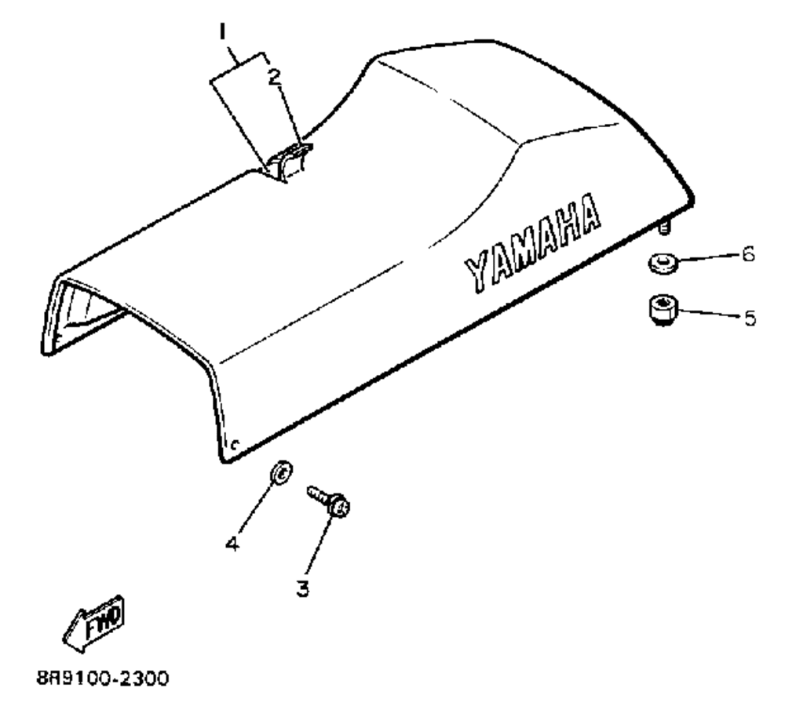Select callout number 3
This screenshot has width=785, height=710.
[303, 585]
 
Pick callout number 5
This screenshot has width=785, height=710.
[750, 318]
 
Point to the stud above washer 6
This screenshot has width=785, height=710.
[665, 228]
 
